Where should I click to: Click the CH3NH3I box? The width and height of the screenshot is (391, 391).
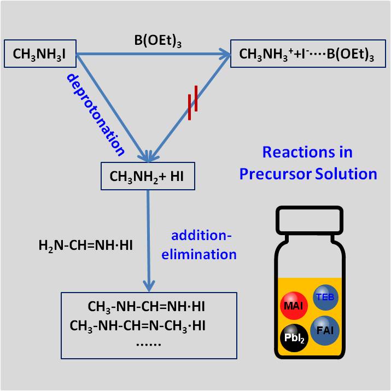pyautogui.click(x=40, y=55)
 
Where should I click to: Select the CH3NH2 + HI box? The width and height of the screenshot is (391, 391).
pyautogui.click(x=147, y=176)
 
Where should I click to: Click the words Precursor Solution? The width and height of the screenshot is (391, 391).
pyautogui.click(x=316, y=174)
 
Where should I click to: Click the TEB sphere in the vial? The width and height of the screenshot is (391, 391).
pyautogui.click(x=326, y=297)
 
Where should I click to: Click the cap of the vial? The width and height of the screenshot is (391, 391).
pyautogui.click(x=310, y=222)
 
